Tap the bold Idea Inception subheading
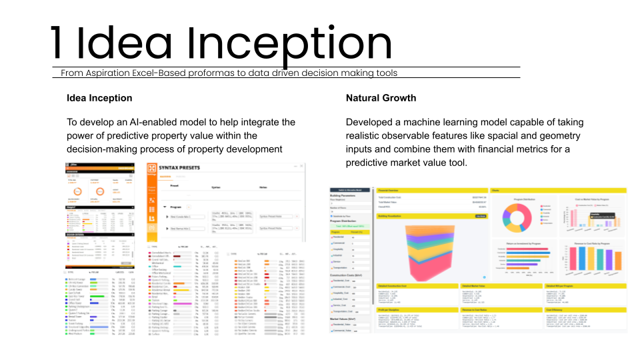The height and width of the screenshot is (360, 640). click(99, 98)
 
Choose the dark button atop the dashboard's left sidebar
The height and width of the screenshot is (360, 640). click(350, 190)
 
